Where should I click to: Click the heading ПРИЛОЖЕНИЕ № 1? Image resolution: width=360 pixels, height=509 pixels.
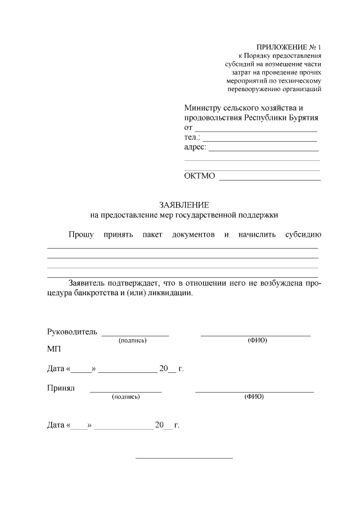(287, 47)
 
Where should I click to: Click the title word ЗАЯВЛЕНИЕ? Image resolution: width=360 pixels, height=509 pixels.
(184, 205)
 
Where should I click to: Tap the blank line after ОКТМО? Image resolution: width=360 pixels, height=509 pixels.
(269, 179)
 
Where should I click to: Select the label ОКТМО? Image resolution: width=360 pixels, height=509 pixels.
(200, 177)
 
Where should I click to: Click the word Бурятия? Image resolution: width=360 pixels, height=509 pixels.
(304, 118)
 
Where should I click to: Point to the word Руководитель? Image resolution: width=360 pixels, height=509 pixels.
(72, 331)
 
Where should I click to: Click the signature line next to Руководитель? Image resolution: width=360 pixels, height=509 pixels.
(135, 335)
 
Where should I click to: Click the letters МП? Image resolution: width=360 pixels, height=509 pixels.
(54, 349)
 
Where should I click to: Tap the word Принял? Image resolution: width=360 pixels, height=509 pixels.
(61, 388)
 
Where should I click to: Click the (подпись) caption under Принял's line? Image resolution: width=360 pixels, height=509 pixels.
(126, 397)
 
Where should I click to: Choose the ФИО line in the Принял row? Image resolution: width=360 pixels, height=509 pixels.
(254, 390)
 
